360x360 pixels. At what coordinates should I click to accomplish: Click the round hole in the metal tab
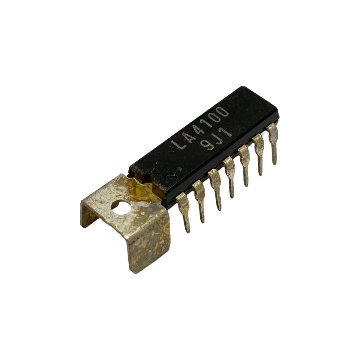121,207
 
